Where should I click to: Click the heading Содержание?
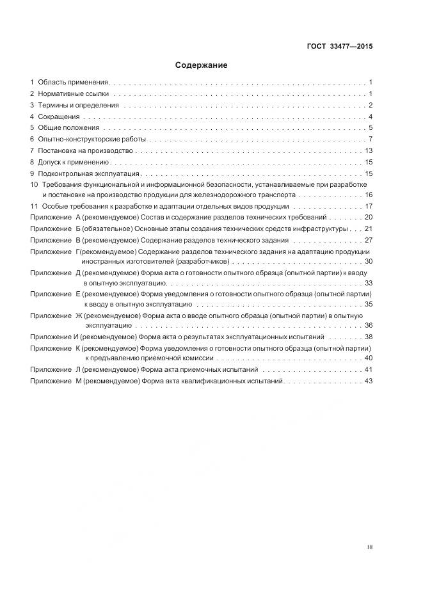[x=202, y=65]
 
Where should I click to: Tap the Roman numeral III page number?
[x=369, y=547]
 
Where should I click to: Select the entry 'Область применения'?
[x=74, y=83]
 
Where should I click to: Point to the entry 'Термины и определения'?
[x=79, y=105]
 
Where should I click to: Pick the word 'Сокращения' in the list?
[x=59, y=116]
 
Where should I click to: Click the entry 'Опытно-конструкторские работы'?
[x=92, y=139]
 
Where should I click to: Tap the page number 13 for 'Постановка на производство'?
[x=369, y=150]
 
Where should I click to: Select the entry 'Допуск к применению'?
[x=74, y=162]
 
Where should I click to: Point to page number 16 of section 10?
[x=369, y=194]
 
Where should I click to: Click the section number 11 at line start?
[x=34, y=206]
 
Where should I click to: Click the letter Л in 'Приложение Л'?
[x=77, y=370]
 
